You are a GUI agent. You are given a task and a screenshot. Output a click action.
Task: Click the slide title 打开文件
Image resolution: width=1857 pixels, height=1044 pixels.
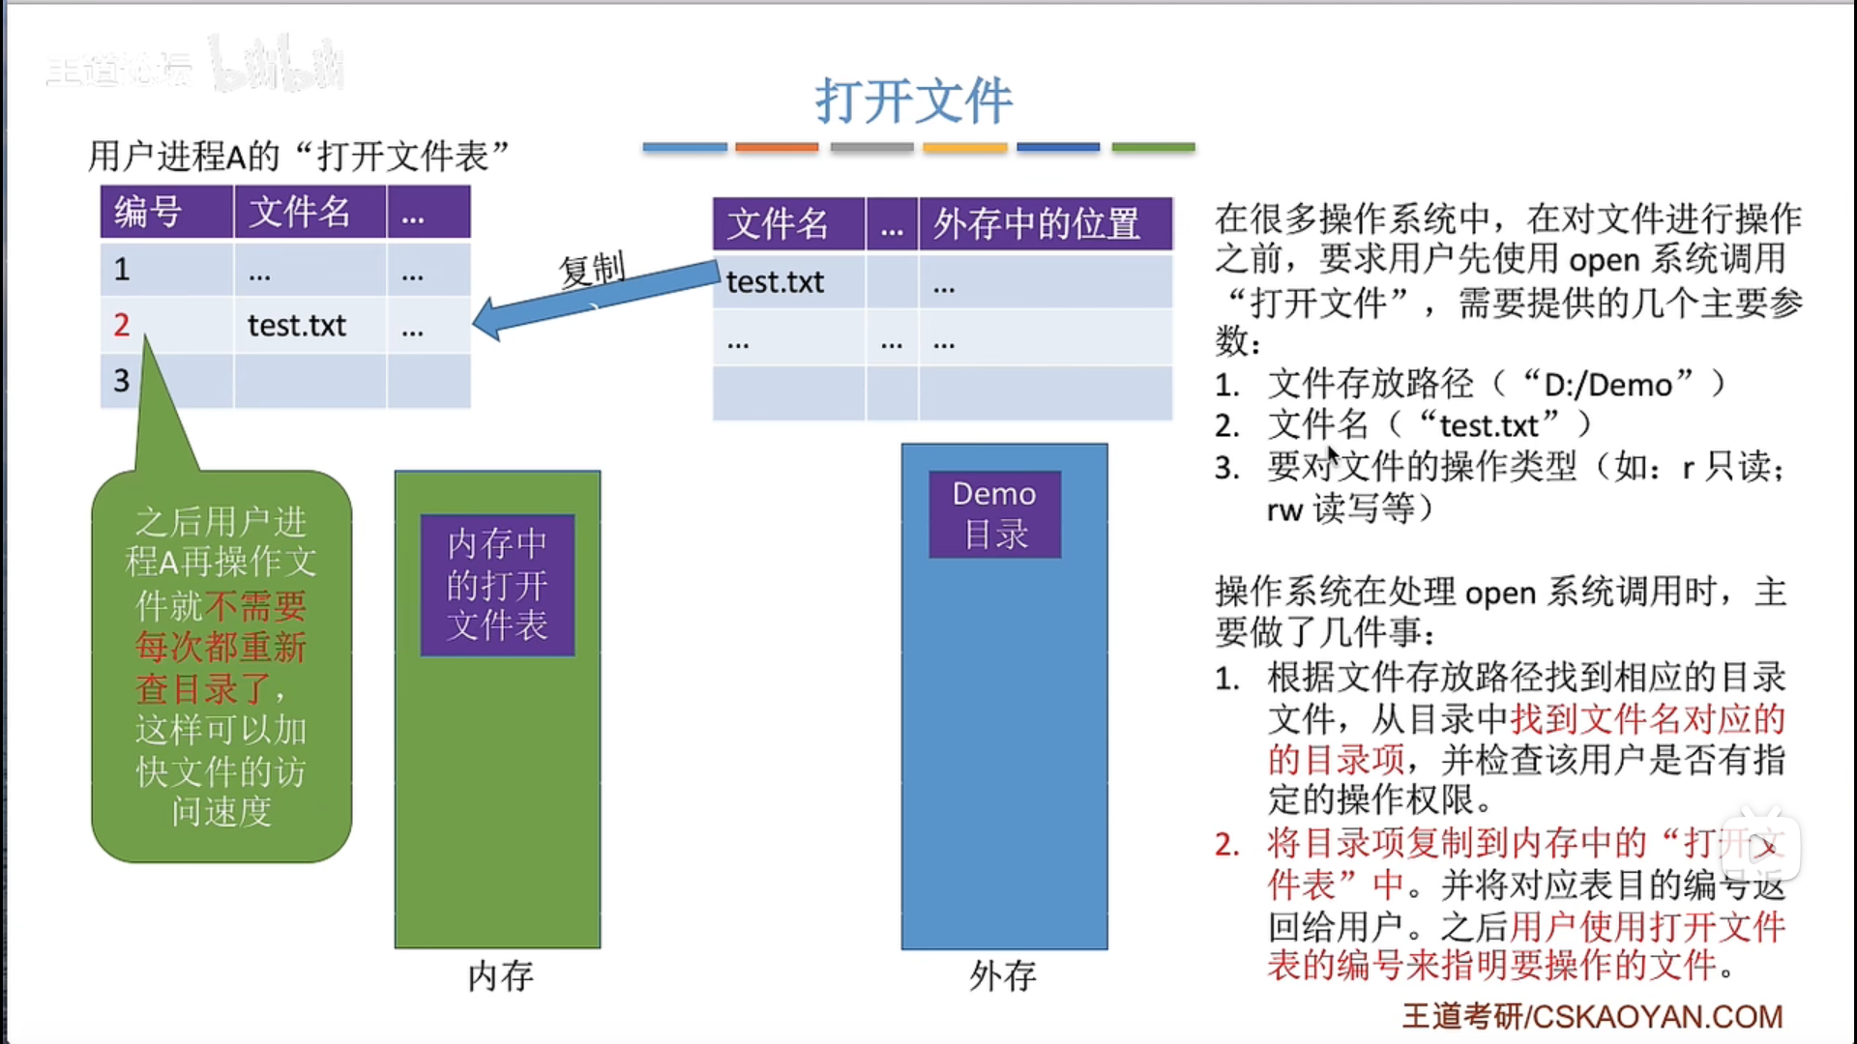click(x=913, y=101)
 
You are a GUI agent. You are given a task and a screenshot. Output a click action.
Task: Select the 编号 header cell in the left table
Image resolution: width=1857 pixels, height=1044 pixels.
click(x=148, y=212)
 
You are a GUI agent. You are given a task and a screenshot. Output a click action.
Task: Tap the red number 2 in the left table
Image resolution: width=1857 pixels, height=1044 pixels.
click(x=121, y=325)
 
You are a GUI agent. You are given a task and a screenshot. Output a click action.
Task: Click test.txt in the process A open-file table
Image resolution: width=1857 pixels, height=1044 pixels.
click(x=296, y=326)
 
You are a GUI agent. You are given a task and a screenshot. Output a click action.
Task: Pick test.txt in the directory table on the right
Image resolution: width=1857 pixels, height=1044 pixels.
click(x=775, y=282)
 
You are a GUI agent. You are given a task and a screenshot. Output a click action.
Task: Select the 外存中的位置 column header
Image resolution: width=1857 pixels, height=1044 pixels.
click(x=1037, y=224)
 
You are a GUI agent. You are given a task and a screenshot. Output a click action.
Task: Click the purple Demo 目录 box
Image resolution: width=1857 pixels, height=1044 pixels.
click(x=994, y=514)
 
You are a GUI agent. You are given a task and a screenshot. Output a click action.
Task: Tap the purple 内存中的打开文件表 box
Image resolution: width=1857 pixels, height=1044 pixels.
click(x=497, y=585)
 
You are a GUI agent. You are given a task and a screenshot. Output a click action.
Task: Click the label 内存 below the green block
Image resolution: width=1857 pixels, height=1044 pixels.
click(x=500, y=976)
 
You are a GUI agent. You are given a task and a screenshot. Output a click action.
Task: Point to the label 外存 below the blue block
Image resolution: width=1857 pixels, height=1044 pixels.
click(x=1003, y=976)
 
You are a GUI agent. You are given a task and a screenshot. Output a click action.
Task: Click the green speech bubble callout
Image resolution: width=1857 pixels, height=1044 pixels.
click(x=221, y=667)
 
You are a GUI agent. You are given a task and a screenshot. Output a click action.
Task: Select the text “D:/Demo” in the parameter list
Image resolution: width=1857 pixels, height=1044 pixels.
click(x=1608, y=385)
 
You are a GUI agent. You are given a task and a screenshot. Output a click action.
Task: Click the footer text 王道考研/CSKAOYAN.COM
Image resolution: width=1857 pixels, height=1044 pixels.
click(x=1592, y=1017)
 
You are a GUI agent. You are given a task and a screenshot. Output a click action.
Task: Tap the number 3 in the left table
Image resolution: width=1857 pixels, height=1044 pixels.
click(x=121, y=381)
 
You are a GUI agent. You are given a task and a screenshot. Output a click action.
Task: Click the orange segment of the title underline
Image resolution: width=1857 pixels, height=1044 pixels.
click(x=777, y=148)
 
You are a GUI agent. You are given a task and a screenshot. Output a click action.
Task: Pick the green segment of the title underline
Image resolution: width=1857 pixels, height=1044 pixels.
click(x=1153, y=148)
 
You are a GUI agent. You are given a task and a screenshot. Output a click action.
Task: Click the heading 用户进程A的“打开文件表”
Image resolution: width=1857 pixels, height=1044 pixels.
click(x=299, y=156)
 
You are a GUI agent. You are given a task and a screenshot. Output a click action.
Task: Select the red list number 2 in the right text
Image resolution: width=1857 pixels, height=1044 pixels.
click(x=1226, y=845)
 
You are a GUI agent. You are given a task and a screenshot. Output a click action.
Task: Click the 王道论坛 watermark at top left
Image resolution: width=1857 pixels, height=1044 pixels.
click(x=118, y=70)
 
